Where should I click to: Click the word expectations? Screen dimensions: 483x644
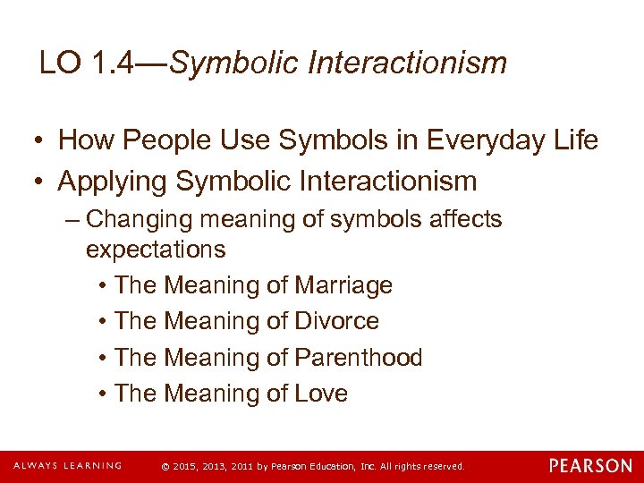[155, 249]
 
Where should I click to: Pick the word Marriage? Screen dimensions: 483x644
[343, 285]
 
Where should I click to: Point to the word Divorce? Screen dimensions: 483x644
[336, 321]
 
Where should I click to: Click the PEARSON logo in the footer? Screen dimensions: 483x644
[590, 466]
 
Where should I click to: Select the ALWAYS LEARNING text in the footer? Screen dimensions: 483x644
[67, 466]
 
